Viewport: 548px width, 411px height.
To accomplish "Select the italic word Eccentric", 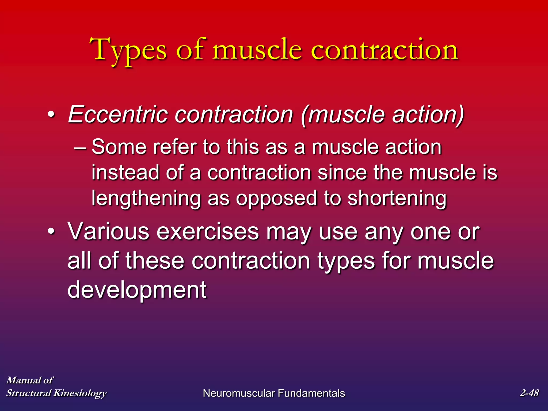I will point(118,115).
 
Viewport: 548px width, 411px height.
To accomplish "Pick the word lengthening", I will point(146,199).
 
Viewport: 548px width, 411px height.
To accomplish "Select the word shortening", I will point(397,199).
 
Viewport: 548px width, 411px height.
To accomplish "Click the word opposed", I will point(276,199).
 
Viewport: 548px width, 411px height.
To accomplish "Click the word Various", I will point(108,232).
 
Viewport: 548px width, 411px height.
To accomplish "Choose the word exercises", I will point(208,232).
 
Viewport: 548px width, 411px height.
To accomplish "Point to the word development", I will point(137,290).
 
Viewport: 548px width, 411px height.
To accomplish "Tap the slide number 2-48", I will point(529,393).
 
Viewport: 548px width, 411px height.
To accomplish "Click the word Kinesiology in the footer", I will point(80,393).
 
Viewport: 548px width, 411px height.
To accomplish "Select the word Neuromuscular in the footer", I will point(239,393).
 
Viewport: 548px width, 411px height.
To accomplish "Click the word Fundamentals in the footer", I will point(311,393).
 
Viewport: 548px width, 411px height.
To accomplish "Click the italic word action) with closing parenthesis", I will point(428,115).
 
